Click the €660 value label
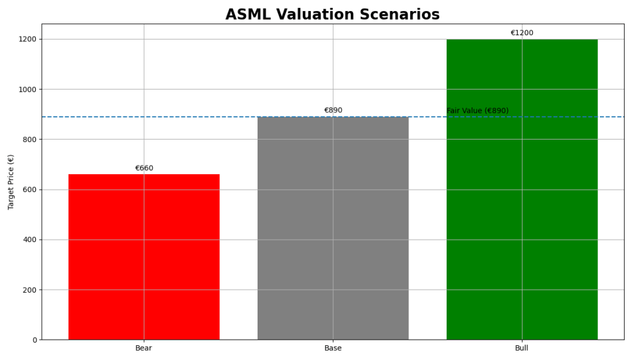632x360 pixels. click(144, 168)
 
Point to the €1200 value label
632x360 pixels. click(522, 33)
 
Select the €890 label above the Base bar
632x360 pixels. click(333, 111)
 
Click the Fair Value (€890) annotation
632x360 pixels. click(478, 111)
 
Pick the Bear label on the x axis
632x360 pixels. click(144, 348)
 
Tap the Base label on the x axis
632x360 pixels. click(333, 348)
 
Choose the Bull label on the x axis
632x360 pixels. click(522, 348)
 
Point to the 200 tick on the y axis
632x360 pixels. click(29, 290)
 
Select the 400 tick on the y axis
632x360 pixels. click(29, 240)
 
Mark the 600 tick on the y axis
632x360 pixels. click(29, 190)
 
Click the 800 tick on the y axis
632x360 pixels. click(29, 140)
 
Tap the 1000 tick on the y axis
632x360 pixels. click(27, 90)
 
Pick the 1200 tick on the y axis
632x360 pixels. click(27, 39)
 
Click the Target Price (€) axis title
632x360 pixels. click(11, 182)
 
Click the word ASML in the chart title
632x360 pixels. click(246, 15)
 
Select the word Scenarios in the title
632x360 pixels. click(405, 15)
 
